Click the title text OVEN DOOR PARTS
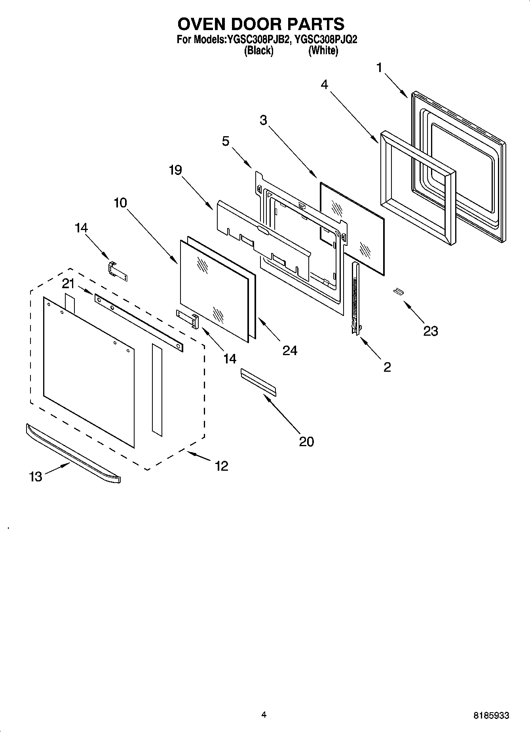pos(261,24)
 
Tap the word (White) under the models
pos(323,51)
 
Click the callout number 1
pos(379,68)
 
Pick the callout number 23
pos(431,331)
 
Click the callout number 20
pos(306,441)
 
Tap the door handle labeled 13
pos(73,453)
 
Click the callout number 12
pos(222,466)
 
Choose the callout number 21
pos(68,283)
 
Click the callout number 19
pos(175,170)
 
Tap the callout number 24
pos(290,350)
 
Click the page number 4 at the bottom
pos(264,715)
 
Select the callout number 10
pos(120,203)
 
